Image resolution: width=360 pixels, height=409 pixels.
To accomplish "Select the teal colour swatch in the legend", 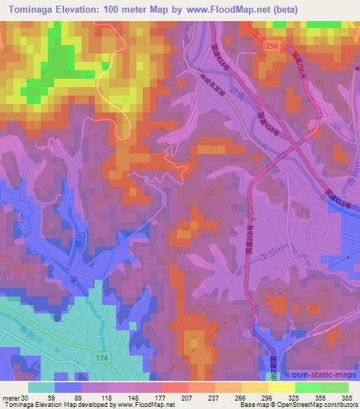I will [x=41, y=387].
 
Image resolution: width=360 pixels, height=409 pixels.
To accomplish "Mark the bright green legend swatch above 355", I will [x=308, y=387].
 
